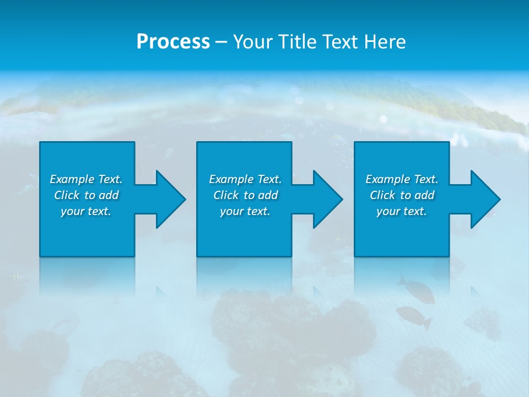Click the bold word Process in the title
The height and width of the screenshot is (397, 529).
[173, 42]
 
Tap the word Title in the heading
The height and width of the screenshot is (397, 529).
[298, 42]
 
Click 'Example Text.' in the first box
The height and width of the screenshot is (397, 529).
[86, 179]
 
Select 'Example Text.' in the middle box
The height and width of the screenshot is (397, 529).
[245, 179]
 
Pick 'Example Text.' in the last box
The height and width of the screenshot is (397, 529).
[402, 179]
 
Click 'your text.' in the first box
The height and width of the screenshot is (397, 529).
[86, 211]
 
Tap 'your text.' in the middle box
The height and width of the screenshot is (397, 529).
[245, 211]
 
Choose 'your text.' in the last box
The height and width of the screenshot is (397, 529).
[402, 211]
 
